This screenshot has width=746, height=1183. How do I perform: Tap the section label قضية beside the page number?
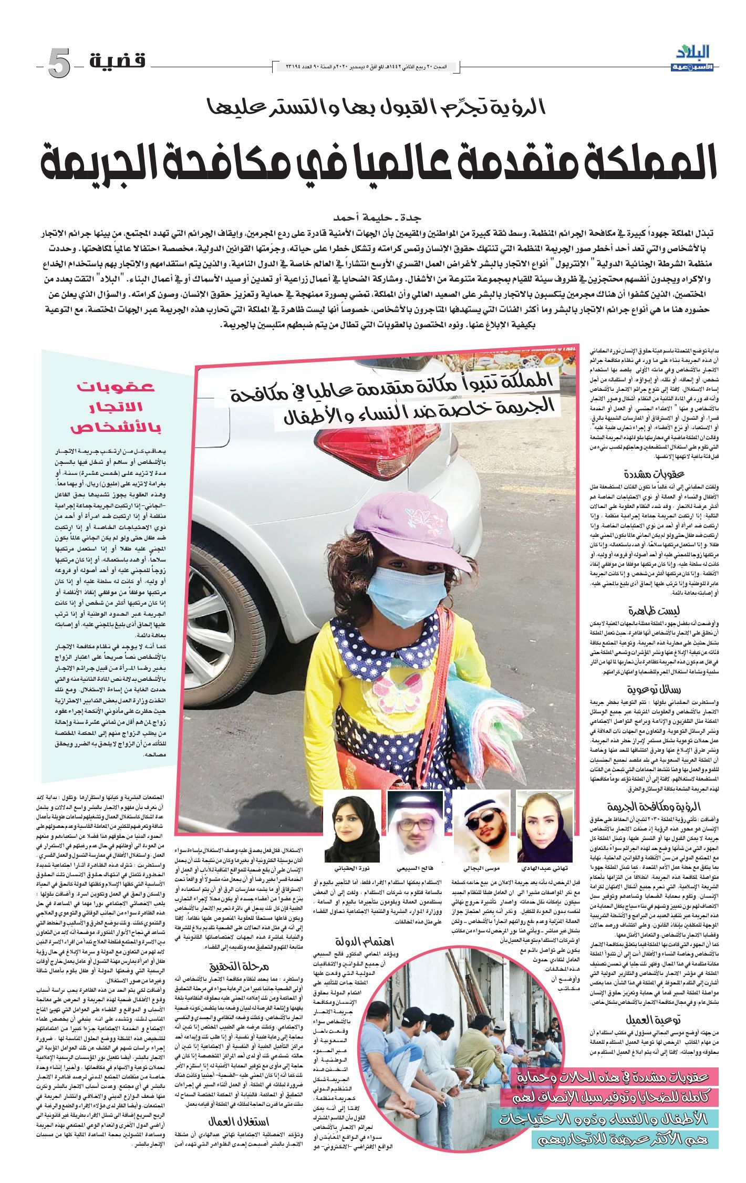pyautogui.click(x=117, y=62)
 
